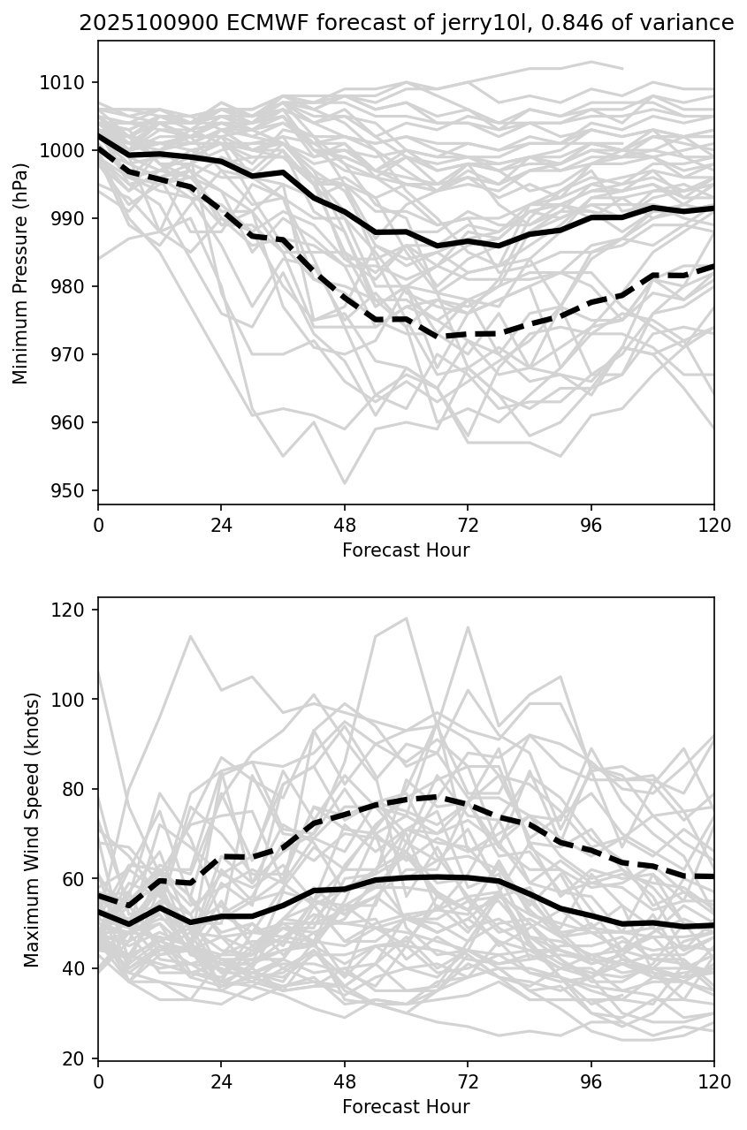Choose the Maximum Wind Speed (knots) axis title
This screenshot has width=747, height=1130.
[33, 829]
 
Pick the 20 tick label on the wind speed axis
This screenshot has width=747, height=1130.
[78, 1059]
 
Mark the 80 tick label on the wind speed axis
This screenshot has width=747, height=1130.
[78, 790]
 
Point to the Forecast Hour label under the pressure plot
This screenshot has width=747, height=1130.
[406, 550]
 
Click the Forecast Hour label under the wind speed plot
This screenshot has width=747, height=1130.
[406, 1106]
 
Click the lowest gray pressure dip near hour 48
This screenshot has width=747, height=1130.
[345, 483]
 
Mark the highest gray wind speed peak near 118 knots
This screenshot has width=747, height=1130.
[406, 618]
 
